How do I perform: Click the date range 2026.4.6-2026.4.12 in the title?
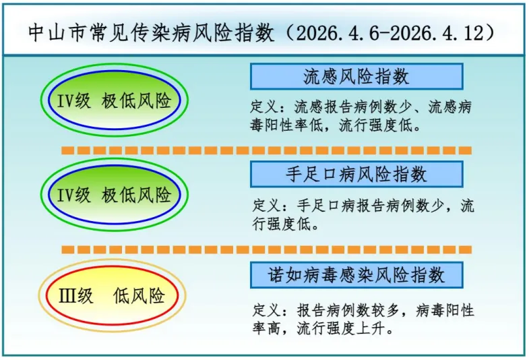tap(390, 33)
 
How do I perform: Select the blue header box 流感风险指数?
tap(356, 77)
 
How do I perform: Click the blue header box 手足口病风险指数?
tap(356, 175)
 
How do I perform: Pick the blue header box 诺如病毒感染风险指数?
tap(356, 275)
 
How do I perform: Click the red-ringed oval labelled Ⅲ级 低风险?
tap(112, 295)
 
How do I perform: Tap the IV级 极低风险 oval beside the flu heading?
tap(114, 100)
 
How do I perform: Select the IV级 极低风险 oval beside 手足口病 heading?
tap(114, 194)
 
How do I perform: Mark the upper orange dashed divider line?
tap(267, 150)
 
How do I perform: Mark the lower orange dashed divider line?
tap(267, 249)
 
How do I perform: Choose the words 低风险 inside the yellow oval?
tap(139, 296)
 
